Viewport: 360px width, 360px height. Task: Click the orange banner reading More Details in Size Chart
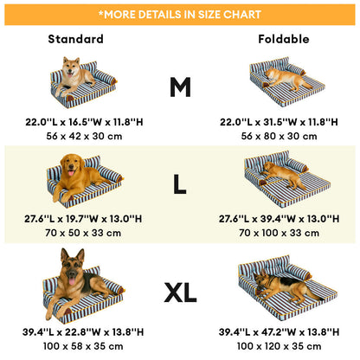(180, 15)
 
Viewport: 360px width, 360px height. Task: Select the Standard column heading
(76, 39)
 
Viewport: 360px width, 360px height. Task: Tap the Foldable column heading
(284, 39)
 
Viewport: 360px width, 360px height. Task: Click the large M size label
(180, 87)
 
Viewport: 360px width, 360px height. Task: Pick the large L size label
(179, 184)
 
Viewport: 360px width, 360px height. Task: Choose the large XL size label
(180, 292)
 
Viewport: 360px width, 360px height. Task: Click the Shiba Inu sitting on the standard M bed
(74, 75)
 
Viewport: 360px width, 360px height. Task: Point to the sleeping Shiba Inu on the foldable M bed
(287, 78)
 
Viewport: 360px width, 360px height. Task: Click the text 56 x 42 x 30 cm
(84, 136)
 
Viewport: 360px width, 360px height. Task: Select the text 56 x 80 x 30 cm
(279, 136)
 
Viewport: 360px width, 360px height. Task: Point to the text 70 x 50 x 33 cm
(83, 233)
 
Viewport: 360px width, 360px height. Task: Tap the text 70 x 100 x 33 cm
(279, 233)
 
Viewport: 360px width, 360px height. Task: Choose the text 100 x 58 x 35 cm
(83, 346)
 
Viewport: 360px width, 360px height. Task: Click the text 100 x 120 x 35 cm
(279, 346)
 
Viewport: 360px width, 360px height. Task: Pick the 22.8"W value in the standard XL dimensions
(83, 332)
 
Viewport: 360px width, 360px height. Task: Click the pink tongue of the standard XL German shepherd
(72, 281)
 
